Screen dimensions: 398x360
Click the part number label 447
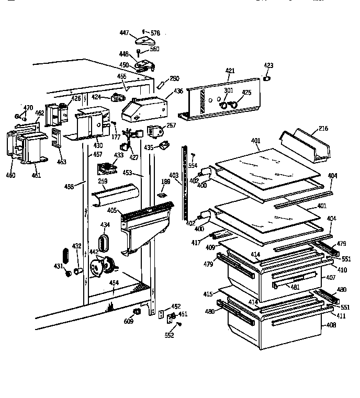click(x=124, y=32)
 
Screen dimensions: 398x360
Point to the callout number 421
click(x=230, y=71)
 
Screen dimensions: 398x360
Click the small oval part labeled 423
click(x=266, y=78)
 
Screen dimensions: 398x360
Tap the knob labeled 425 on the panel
click(x=233, y=106)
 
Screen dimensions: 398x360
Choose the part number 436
click(x=178, y=91)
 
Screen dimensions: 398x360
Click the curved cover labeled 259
click(x=116, y=196)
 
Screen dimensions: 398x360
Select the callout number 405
click(x=111, y=211)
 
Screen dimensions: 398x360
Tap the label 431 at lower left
click(x=58, y=266)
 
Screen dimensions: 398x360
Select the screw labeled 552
click(x=179, y=324)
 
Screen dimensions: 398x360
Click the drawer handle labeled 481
click(x=293, y=283)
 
